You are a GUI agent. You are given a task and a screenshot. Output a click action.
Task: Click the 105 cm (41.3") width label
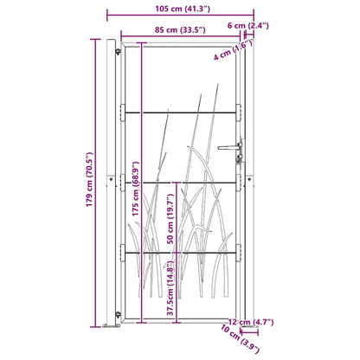(183, 9)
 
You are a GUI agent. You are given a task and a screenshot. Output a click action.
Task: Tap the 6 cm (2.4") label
(248, 26)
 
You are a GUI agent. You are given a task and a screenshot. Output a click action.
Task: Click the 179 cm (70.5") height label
(90, 179)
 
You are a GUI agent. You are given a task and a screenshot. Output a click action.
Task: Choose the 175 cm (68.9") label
(136, 189)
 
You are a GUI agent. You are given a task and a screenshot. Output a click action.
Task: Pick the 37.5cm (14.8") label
(170, 288)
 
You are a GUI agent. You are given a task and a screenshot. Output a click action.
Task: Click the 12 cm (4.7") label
(251, 322)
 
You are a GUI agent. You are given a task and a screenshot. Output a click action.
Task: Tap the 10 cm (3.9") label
(240, 339)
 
